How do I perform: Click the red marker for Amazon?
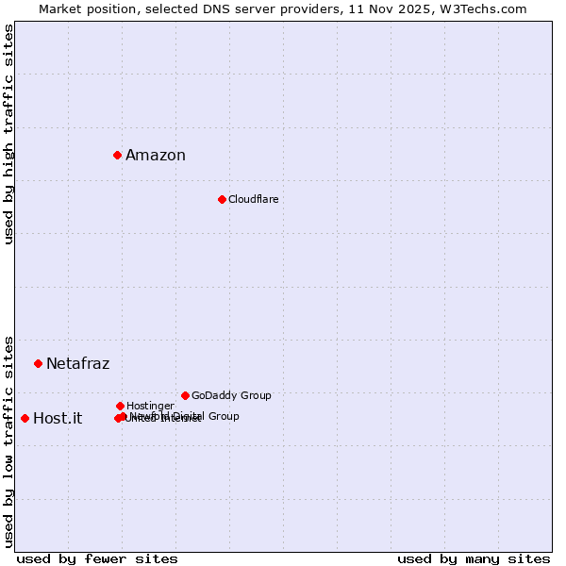pyautogui.click(x=117, y=155)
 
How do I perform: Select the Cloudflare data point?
pyautogui.click(x=222, y=199)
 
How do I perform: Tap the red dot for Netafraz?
pyautogui.click(x=38, y=363)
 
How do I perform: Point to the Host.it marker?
pyautogui.click(x=25, y=418)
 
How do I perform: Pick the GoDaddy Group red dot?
pyautogui.click(x=185, y=395)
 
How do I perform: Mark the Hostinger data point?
pyautogui.click(x=120, y=406)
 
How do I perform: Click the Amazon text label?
pyautogui.click(x=156, y=156)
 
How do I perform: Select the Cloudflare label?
pyautogui.click(x=254, y=199)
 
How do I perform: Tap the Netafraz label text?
pyautogui.click(x=77, y=364)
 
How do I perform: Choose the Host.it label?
pyautogui.click(x=58, y=419)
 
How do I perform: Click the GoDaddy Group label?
pyautogui.click(x=231, y=395)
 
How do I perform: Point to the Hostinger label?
pyautogui.click(x=150, y=406)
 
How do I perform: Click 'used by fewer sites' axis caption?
pyautogui.click(x=97, y=558)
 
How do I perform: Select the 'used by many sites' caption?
pyautogui.click(x=474, y=558)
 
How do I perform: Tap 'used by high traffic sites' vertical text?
pyautogui.click(x=9, y=134)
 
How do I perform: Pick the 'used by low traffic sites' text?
pyautogui.click(x=9, y=441)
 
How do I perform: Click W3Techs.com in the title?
pyautogui.click(x=481, y=8)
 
